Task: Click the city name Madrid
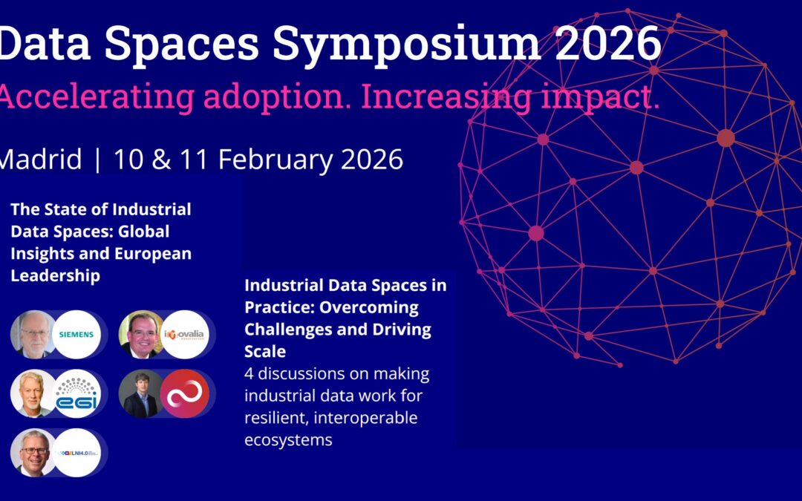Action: [x=41, y=160]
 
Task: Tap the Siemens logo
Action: [x=76, y=334]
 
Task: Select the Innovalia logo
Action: [x=185, y=335]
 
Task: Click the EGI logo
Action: [x=76, y=393]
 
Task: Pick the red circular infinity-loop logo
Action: [x=185, y=393]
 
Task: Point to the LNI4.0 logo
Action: [x=76, y=452]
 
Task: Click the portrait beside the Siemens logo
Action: [x=33, y=334]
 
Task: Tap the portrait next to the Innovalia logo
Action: [x=142, y=335]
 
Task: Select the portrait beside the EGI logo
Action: [x=33, y=393]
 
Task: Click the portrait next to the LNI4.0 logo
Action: [x=33, y=452]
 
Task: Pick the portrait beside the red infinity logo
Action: [x=142, y=393]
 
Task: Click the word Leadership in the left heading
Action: [x=56, y=275]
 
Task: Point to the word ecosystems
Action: [x=288, y=439]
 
